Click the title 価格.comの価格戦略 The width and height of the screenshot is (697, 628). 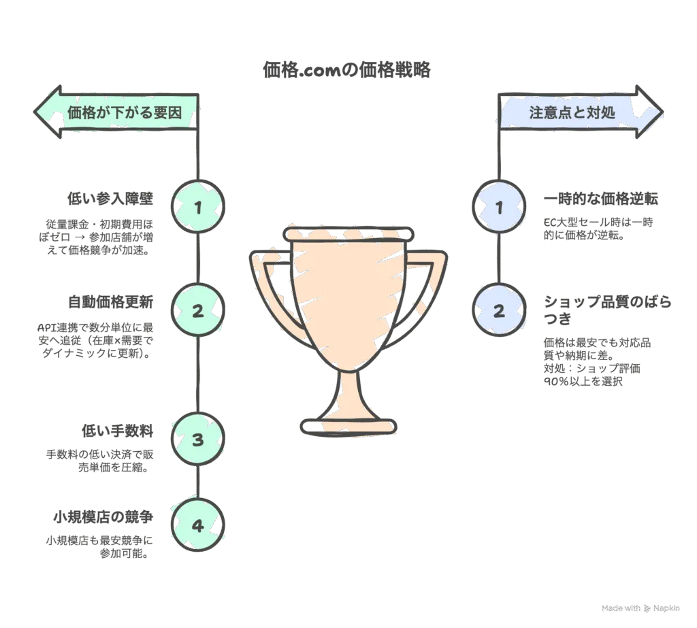pos(346,70)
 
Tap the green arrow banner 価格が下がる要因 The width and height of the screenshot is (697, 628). pos(116,112)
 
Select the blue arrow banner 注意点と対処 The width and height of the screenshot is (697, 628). pos(581,112)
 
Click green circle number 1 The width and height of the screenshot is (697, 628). pos(198,207)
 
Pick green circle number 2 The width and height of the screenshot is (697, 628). pos(198,310)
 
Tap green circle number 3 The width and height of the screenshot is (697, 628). pos(198,439)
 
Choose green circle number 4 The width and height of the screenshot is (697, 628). pos(198,525)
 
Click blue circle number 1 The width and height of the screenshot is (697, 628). pos(499,207)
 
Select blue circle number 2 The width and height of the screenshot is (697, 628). pos(499,310)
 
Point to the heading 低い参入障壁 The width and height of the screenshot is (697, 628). pos(110,199)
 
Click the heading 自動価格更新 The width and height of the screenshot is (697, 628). pos(110,302)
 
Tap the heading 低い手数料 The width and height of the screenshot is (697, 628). pos(117,431)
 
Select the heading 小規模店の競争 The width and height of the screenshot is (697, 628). pos(103,517)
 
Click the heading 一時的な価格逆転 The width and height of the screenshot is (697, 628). pos(600,199)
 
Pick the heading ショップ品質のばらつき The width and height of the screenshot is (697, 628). pos(607,310)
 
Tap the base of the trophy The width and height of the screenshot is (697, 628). pos(348,427)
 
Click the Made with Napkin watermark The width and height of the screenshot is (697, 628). pos(641,608)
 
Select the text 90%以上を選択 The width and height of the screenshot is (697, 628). pos(583,381)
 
